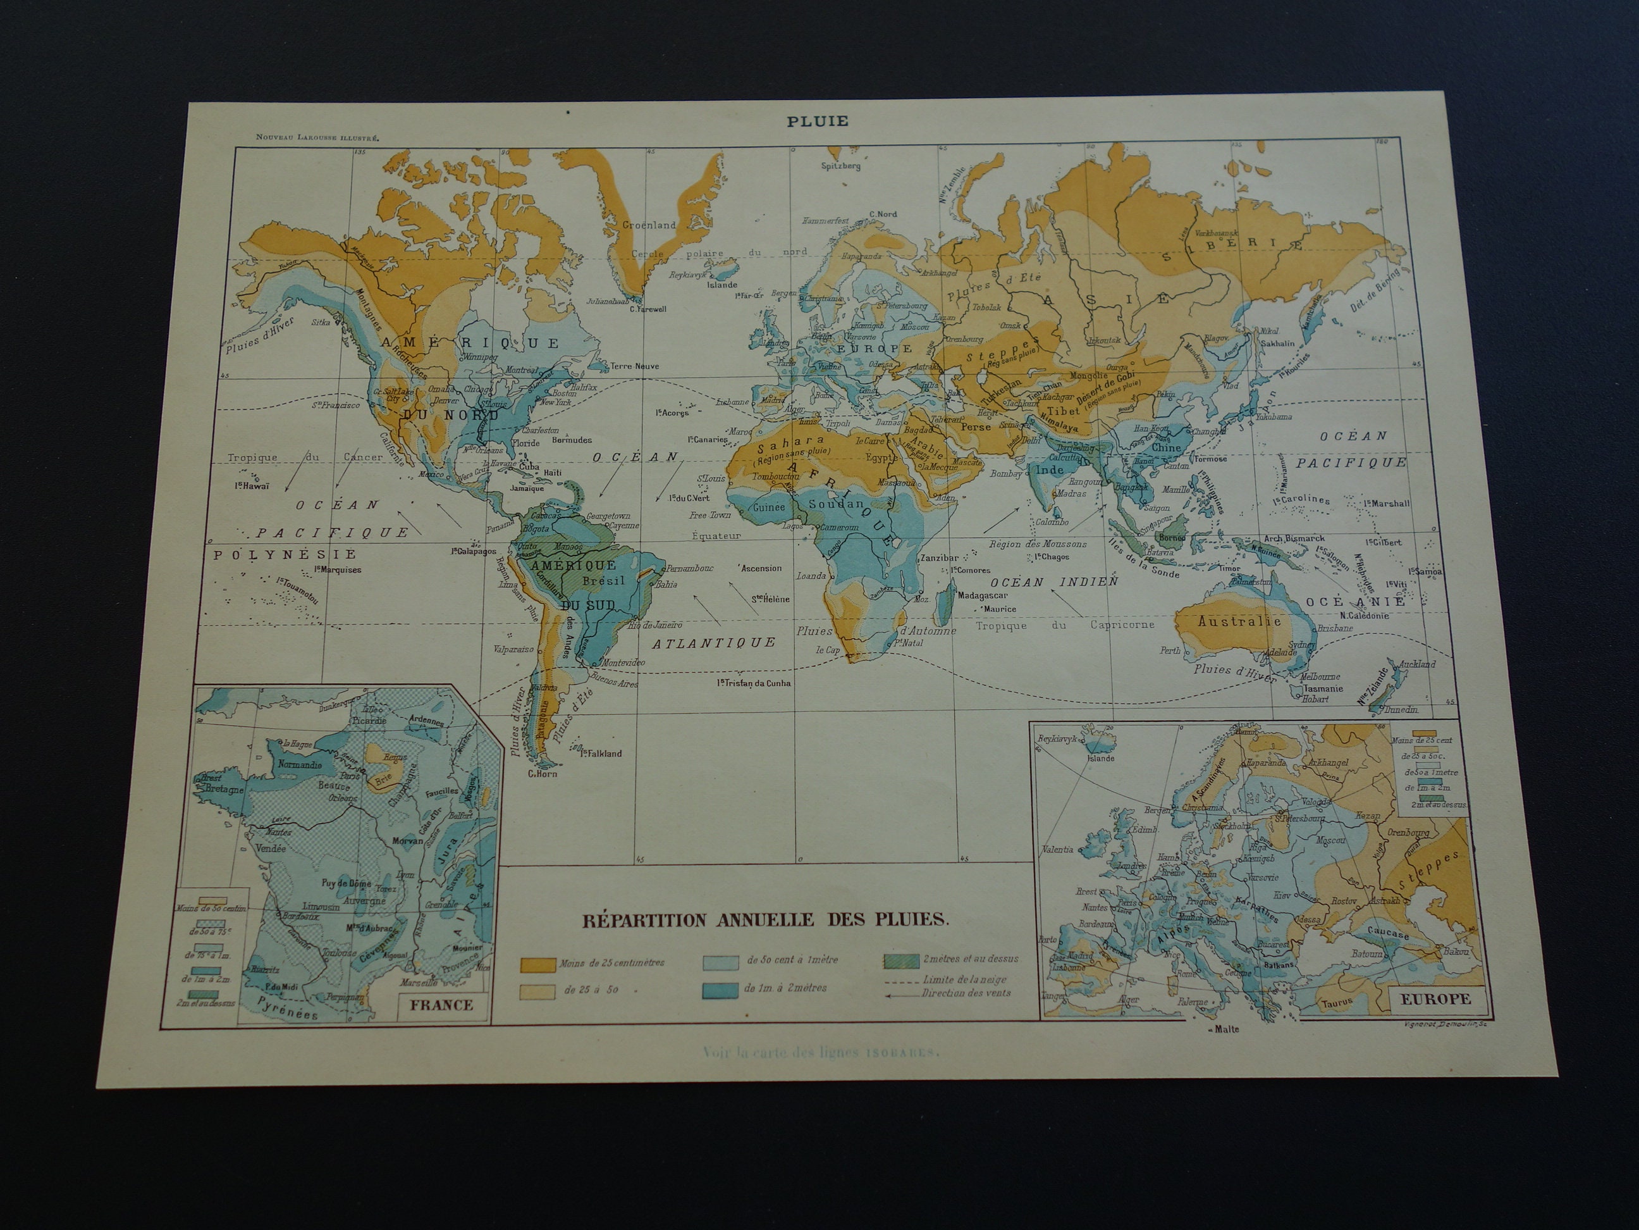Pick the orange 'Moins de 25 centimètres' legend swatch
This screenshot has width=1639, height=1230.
coord(537,964)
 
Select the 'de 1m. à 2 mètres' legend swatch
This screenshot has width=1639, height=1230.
coord(720,988)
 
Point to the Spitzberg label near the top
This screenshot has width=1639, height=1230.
coord(841,166)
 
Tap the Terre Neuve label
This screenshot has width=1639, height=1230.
coord(634,366)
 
